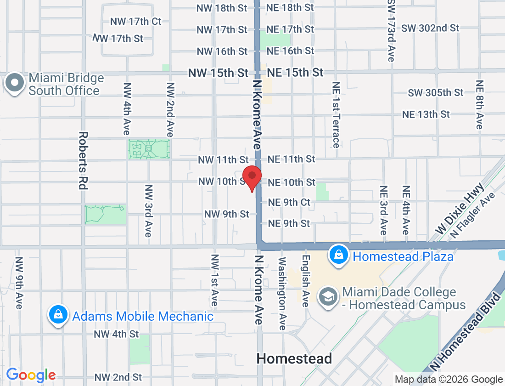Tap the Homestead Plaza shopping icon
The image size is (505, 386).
[338, 255]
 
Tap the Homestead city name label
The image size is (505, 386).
[294, 358]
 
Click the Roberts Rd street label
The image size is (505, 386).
[83, 161]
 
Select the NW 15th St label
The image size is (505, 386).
[218, 73]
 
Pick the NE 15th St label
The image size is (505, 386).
[295, 73]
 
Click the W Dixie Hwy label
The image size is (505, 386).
[460, 209]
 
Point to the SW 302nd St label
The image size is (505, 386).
[430, 28]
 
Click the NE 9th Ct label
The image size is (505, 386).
[289, 202]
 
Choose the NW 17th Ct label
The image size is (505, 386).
[136, 22]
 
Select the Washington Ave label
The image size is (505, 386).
[282, 293]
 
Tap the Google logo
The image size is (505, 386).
[31, 375]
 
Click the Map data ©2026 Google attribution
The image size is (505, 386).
[449, 380]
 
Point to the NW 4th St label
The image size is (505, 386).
[116, 334]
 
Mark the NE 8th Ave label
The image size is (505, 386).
[480, 105]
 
